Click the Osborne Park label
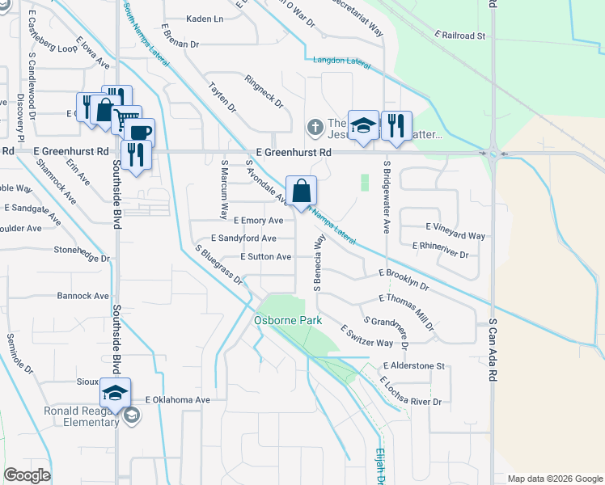(x=288, y=320)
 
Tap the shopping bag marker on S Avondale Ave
(x=301, y=192)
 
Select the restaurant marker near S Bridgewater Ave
(x=396, y=126)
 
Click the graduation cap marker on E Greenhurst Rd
(x=363, y=126)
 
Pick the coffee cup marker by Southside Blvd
(x=138, y=133)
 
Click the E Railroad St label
(x=459, y=36)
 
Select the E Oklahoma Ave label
(x=177, y=399)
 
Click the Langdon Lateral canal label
(x=341, y=61)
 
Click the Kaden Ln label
(x=205, y=19)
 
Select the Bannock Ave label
(x=82, y=296)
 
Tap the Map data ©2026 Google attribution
(x=555, y=479)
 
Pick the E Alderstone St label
(x=414, y=365)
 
